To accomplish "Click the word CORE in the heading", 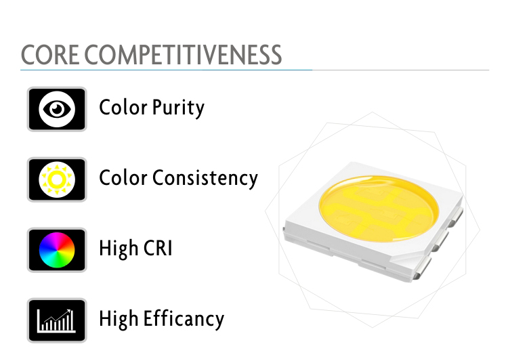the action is coord(50,55).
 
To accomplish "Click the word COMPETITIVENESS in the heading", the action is coord(183,55).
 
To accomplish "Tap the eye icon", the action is coord(57,109).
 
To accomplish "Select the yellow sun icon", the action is coord(57,179).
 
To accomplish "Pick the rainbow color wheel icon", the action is coord(57,250).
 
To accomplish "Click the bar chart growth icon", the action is coord(57,320).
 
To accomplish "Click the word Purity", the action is coord(178,108).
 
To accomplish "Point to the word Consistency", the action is coord(205,178).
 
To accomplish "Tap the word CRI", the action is coord(158,248).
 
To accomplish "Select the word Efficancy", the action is coord(184,319).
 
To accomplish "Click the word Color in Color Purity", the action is coord(123,107).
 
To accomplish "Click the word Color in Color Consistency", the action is coord(123,177).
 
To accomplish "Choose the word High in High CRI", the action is coord(119,249).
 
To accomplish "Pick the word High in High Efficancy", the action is coord(119,319).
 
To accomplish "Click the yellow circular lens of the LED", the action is coord(379,208).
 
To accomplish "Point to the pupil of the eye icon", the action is coord(57,109).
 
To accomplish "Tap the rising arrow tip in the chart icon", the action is coord(70,311).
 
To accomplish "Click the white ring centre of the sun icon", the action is coord(57,179).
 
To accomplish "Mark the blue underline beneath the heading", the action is coord(166,70).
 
